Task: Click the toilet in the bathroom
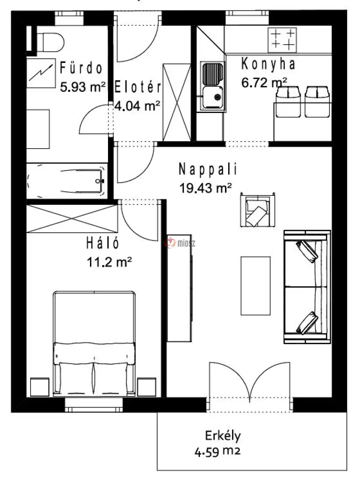(x=50, y=42)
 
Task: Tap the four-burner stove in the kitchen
(x=282, y=40)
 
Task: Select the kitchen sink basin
(x=212, y=97)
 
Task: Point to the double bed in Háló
(x=94, y=344)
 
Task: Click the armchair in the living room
(x=257, y=210)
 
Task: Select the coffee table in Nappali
(x=255, y=286)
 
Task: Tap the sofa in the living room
(x=307, y=287)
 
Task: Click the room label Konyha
(x=268, y=64)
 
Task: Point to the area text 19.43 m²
(x=206, y=188)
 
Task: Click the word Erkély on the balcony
(x=223, y=436)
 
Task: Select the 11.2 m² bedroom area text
(x=109, y=262)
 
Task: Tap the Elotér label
(x=138, y=87)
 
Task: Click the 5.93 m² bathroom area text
(x=83, y=87)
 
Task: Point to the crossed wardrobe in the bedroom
(x=72, y=218)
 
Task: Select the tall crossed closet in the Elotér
(x=177, y=103)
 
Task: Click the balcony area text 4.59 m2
(x=217, y=452)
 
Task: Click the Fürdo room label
(x=81, y=68)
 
